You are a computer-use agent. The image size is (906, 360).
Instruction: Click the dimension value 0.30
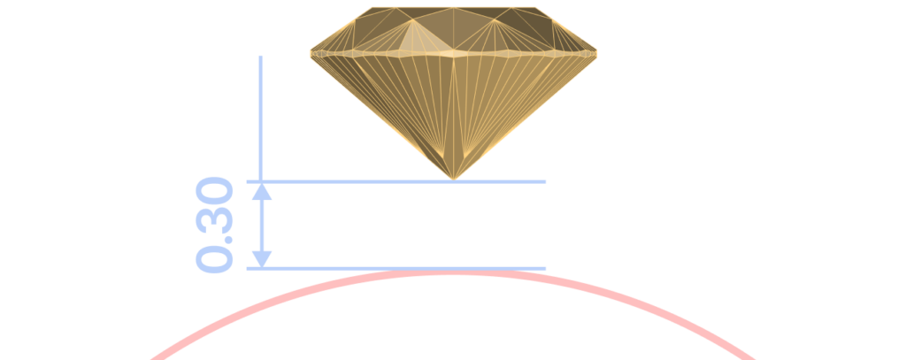pyautogui.click(x=214, y=225)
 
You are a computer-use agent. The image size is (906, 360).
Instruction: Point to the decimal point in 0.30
pyautogui.click(x=229, y=239)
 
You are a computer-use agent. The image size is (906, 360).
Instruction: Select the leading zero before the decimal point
pyautogui.click(x=214, y=259)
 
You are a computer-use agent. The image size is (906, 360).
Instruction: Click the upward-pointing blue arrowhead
pyautogui.click(x=262, y=193)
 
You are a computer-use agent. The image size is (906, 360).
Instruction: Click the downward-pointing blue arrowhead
pyautogui.click(x=262, y=259)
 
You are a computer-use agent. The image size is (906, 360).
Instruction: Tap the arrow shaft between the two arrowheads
pyautogui.click(x=262, y=226)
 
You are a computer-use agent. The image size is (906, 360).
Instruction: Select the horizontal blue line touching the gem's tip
pyautogui.click(x=395, y=181)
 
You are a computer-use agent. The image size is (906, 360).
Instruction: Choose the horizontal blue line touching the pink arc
pyautogui.click(x=395, y=268)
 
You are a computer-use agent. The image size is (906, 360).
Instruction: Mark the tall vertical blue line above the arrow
pyautogui.click(x=261, y=119)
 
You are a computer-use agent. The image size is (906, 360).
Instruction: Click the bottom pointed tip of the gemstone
pyautogui.click(x=454, y=180)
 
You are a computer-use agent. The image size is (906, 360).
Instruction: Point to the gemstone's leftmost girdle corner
pyautogui.click(x=311, y=54)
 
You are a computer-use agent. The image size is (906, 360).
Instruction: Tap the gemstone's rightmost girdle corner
pyautogui.click(x=596, y=54)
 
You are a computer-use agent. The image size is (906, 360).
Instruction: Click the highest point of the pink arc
pyautogui.click(x=454, y=272)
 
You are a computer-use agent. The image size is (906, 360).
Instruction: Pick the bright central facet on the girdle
pyautogui.click(x=454, y=54)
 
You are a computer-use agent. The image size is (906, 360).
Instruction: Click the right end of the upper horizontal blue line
pyautogui.click(x=545, y=181)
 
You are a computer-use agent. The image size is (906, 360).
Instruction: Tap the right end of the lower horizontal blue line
pyautogui.click(x=545, y=268)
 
